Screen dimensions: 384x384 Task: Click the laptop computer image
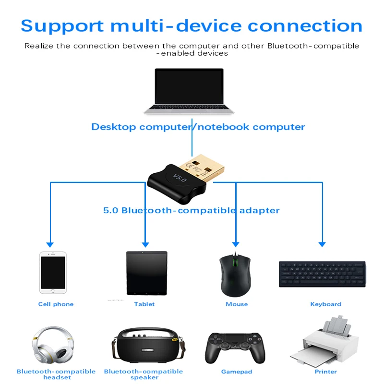[x=189, y=91]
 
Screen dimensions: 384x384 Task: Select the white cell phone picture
[x=52, y=272]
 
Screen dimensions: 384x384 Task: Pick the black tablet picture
[x=146, y=273]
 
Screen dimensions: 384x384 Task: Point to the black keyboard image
[x=322, y=274]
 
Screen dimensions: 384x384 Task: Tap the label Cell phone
[x=56, y=304]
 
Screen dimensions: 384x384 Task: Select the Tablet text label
[x=144, y=304]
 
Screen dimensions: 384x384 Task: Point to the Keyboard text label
[x=325, y=304]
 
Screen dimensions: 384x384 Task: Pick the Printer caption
[x=325, y=372]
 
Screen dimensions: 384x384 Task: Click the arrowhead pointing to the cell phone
[x=49, y=244]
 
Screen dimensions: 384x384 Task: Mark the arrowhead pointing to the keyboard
[x=322, y=244]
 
